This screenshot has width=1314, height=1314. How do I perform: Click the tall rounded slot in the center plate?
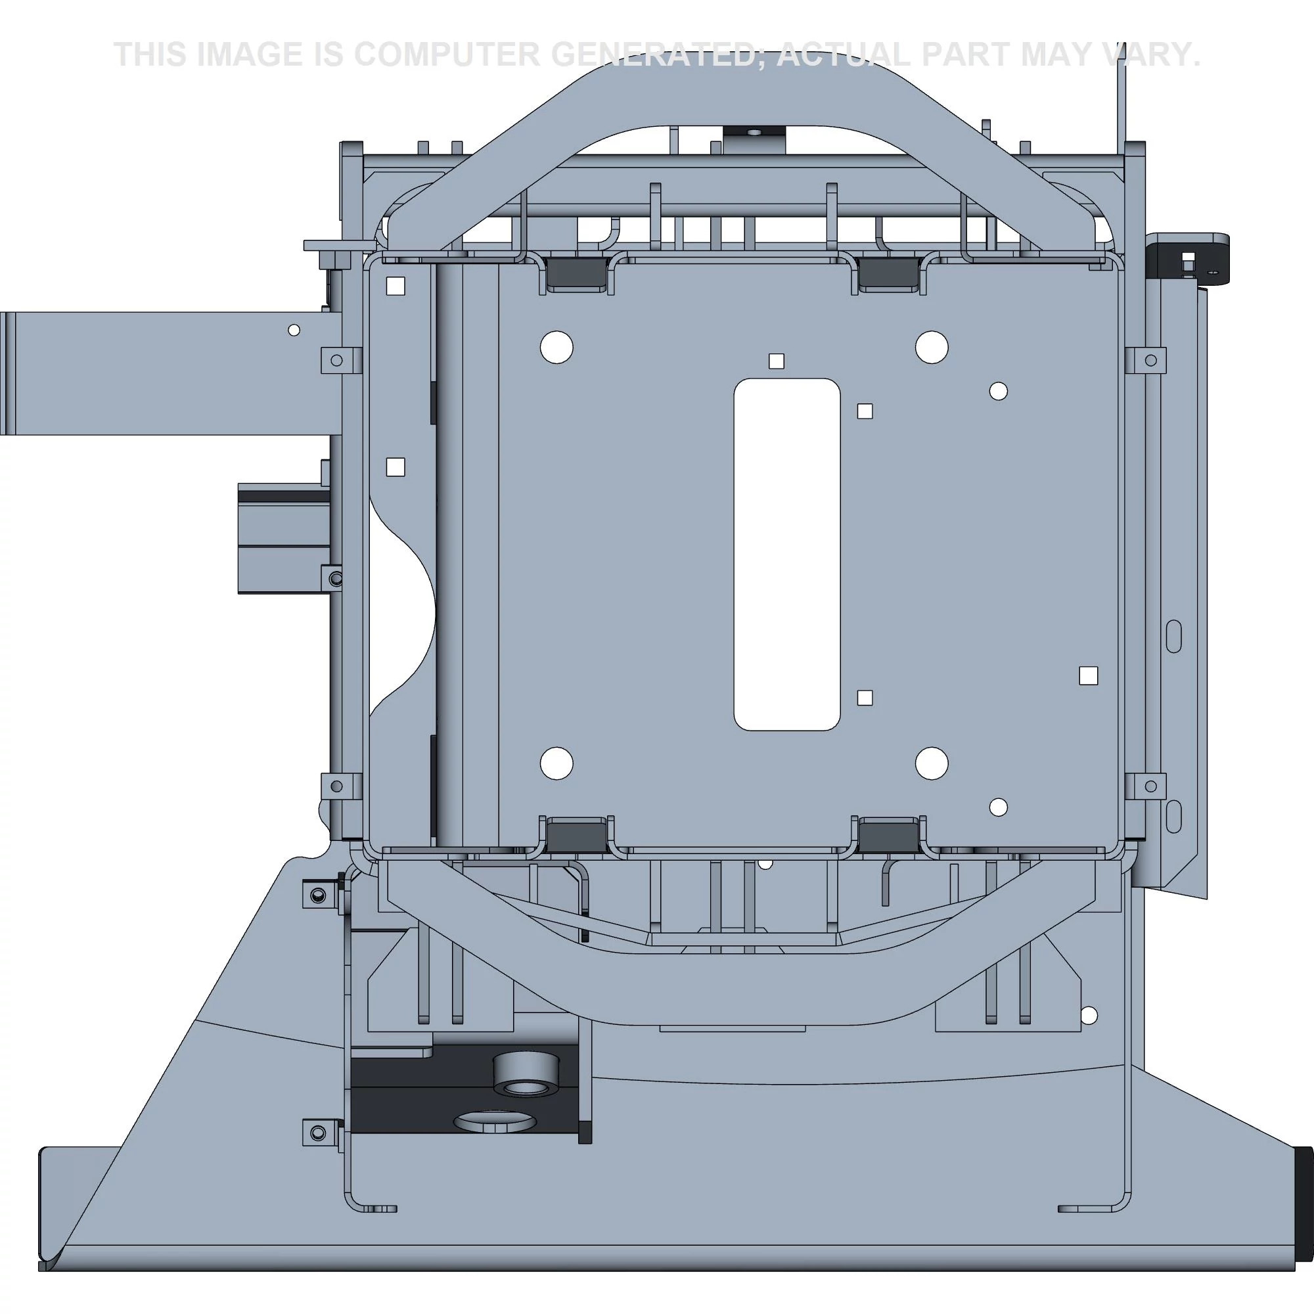(x=787, y=555)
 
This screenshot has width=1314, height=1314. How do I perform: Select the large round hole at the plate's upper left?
(x=556, y=348)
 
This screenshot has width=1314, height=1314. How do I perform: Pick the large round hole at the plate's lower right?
(x=932, y=763)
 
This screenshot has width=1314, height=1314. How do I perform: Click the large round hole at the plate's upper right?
(x=932, y=348)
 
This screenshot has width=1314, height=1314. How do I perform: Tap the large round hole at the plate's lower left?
(x=556, y=763)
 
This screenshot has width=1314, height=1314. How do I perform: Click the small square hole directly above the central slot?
(x=776, y=361)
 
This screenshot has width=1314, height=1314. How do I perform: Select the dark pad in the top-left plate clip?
(x=576, y=275)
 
